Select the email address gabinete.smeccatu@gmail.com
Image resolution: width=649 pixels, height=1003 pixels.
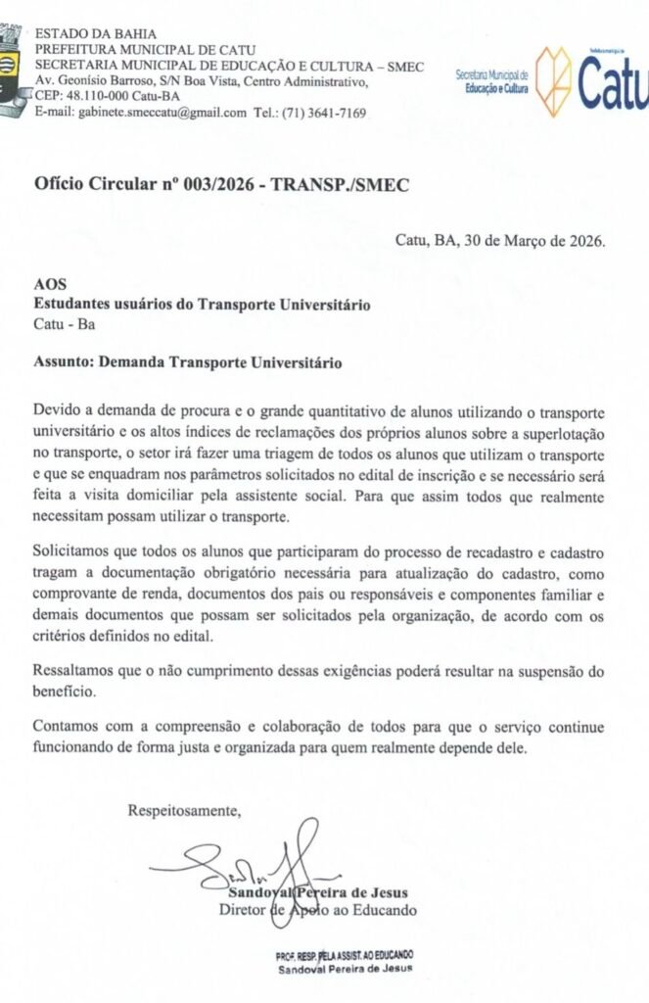(141, 113)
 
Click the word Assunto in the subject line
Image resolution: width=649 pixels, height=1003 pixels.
(62, 361)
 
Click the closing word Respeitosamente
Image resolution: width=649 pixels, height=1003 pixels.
(183, 810)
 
